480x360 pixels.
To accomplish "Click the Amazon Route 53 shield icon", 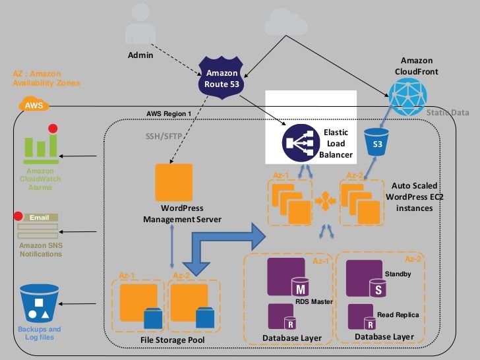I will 222,78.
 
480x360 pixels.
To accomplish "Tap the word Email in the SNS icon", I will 40,217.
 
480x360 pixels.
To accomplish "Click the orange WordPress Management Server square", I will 173,182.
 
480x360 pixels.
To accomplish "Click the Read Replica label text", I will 398,315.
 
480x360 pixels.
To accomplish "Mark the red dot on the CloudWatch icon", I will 53,129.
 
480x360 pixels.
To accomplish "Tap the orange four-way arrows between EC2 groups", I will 324,197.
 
